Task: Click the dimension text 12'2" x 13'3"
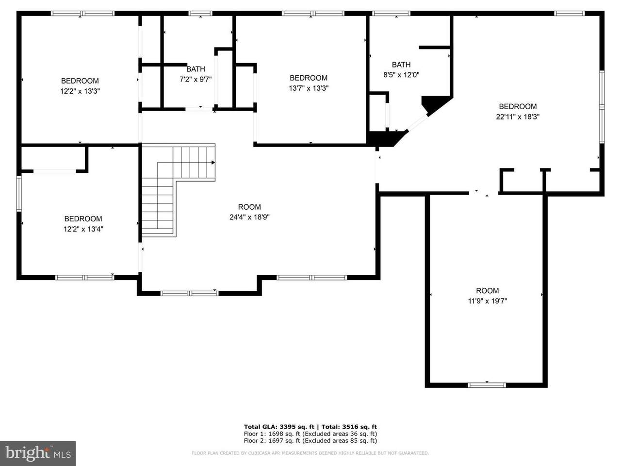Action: (80, 91)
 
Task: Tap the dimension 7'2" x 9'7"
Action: (196, 79)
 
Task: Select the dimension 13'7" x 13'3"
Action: (309, 88)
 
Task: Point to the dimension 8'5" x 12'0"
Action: (401, 75)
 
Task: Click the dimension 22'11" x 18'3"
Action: (518, 117)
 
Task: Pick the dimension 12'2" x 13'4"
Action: (83, 229)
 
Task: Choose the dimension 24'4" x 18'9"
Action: (249, 217)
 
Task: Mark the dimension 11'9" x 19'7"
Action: (487, 301)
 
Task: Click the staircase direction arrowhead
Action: (213, 163)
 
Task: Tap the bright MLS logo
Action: (38, 453)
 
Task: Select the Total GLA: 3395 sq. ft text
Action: (279, 427)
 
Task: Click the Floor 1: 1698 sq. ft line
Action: (310, 434)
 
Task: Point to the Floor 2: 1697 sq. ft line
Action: (310, 441)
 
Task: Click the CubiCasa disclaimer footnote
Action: (310, 453)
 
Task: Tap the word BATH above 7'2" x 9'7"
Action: (196, 69)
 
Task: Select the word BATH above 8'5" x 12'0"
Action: (401, 65)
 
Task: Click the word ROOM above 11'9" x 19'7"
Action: (487, 291)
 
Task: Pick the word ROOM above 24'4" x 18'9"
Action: (249, 207)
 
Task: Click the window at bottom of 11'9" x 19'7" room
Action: (487, 385)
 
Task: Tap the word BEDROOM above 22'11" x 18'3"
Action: (518, 107)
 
